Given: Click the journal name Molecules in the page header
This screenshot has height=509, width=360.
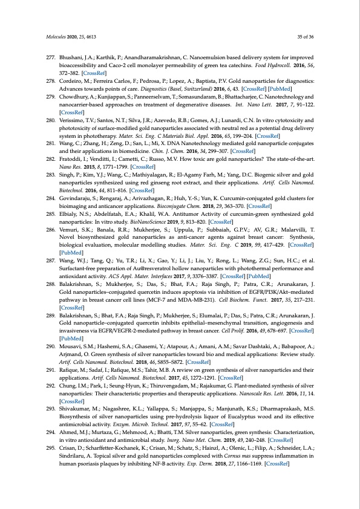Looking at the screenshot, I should (x=56, y=36).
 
